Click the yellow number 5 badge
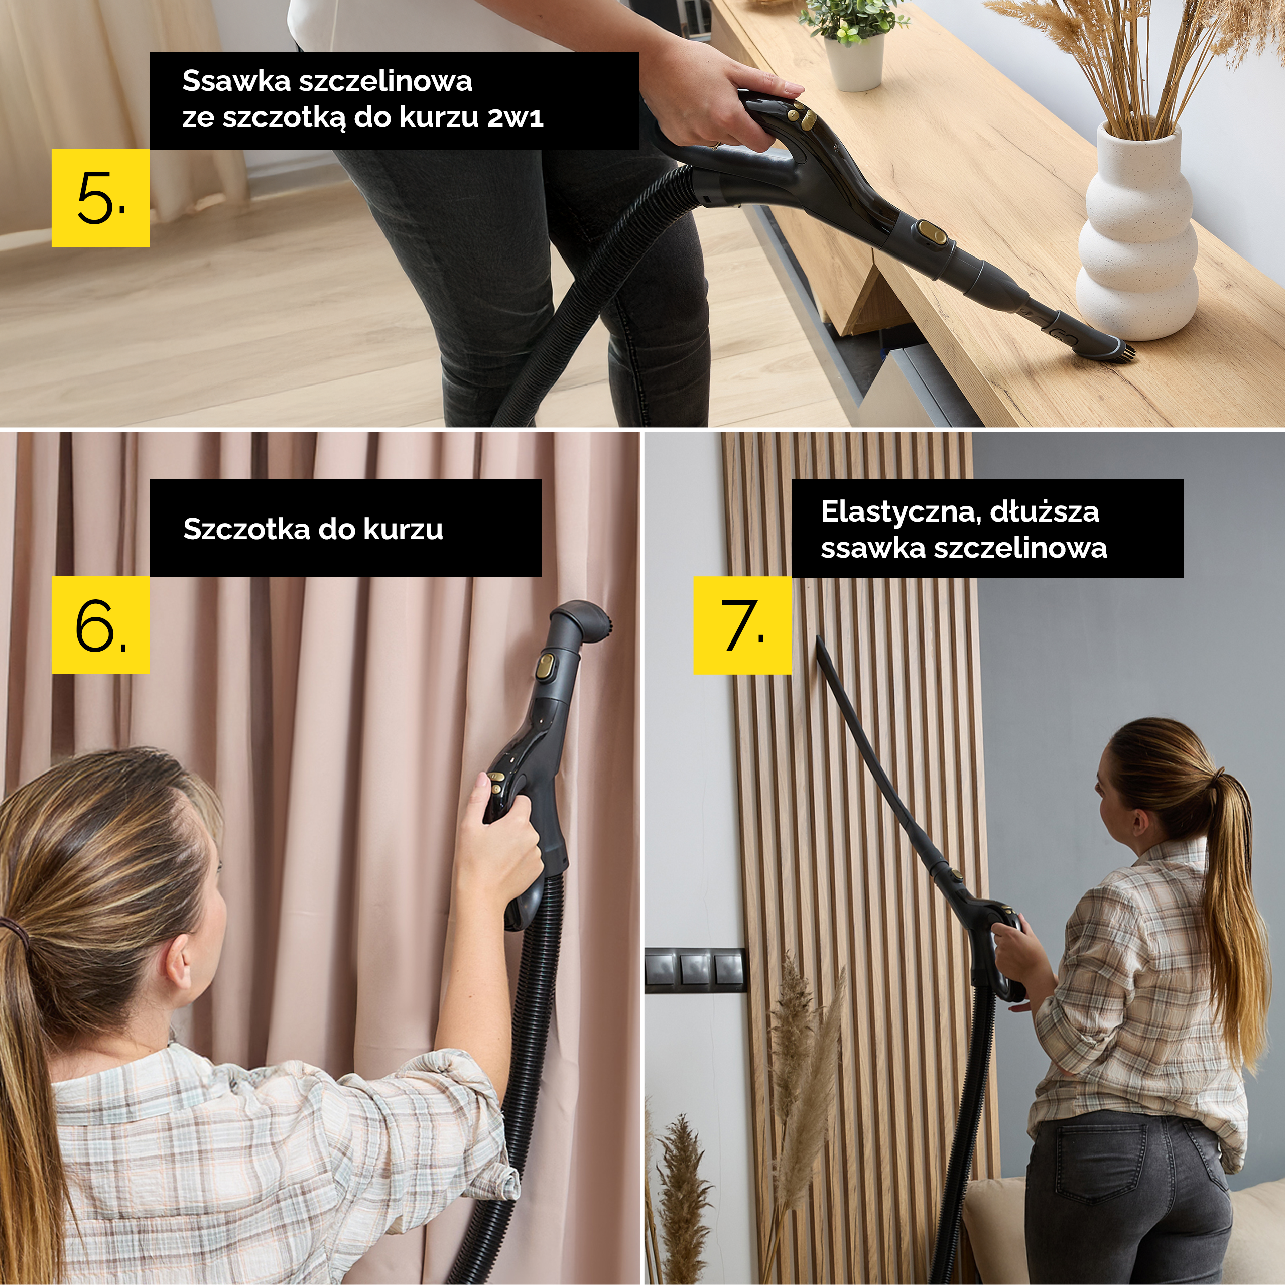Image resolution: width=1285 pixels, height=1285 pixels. click(x=100, y=198)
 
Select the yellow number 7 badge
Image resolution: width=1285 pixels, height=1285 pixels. click(x=742, y=625)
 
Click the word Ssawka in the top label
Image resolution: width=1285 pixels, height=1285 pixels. click(x=236, y=81)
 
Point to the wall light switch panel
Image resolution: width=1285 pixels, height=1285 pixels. click(x=694, y=970)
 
